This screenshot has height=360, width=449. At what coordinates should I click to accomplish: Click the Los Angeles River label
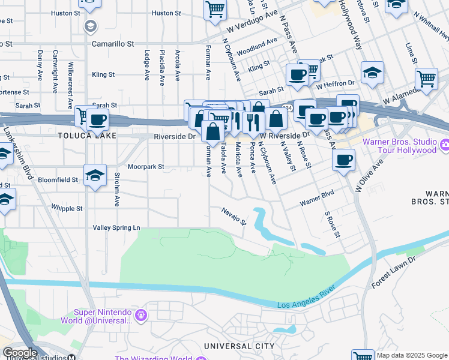pos(309,304)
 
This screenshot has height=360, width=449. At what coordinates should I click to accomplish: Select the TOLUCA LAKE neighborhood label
pos(82,136)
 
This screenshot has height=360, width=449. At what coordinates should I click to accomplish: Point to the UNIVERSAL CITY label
pos(239,346)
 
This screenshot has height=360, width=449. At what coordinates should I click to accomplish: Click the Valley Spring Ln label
pos(116,228)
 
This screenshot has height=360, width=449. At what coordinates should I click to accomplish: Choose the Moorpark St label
pos(145,166)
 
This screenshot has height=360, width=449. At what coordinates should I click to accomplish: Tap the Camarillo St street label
pos(113,44)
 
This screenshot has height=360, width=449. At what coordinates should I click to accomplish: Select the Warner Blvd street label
pos(317,200)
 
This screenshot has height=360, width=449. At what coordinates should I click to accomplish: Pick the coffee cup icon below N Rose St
pos(343,160)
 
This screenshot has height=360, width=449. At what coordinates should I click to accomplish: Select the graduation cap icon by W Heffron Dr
pos(372,72)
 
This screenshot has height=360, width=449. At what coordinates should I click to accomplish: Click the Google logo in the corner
pos(20,353)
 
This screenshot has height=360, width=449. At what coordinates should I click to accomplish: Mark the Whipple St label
pos(67,208)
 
